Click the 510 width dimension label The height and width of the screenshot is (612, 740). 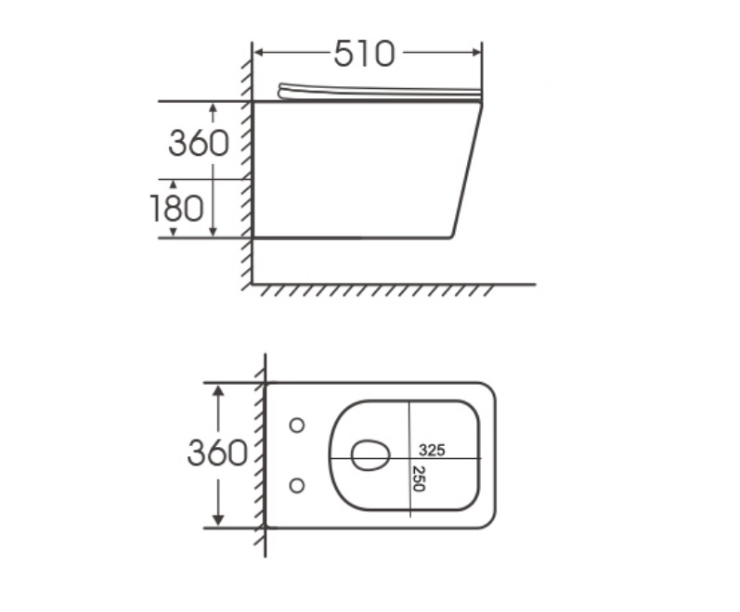(x=364, y=53)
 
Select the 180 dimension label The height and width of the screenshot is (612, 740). (x=176, y=208)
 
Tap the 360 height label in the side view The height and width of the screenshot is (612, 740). (x=199, y=143)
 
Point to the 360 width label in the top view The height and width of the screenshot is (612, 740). (x=217, y=453)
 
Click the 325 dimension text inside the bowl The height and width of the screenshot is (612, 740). (x=432, y=451)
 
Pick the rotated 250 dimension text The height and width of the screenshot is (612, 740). (x=418, y=478)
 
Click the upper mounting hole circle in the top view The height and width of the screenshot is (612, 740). (x=297, y=426)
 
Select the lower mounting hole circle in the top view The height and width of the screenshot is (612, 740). (x=297, y=485)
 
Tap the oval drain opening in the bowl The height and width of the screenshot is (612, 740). (x=371, y=455)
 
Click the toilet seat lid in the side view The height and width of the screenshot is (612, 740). (x=380, y=92)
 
